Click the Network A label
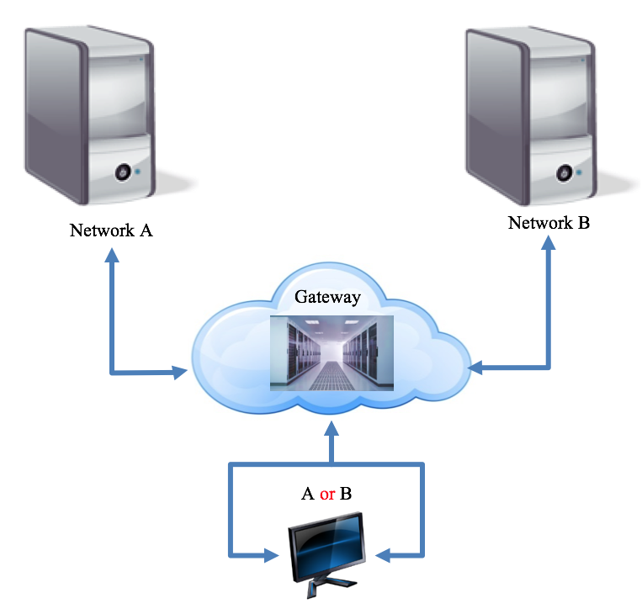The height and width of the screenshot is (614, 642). tap(110, 230)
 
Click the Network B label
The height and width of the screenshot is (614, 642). tap(549, 224)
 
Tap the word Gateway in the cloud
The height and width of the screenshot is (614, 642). tap(327, 297)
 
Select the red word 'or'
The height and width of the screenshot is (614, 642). tap(327, 494)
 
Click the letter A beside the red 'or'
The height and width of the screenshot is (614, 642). tap(308, 494)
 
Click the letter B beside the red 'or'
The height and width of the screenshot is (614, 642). tap(346, 494)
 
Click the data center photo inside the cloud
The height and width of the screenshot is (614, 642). tap(332, 353)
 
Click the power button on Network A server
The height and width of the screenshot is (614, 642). tap(122, 172)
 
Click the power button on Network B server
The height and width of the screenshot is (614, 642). tap(563, 172)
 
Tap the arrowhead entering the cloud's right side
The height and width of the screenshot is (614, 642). tap(476, 368)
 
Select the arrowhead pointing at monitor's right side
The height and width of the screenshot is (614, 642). tap(384, 555)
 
